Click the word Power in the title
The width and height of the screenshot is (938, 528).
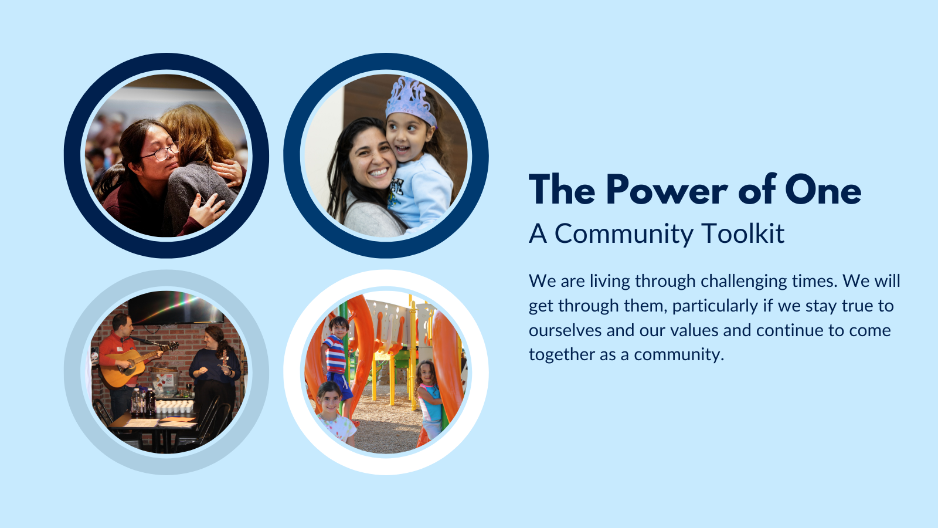[x=667, y=189]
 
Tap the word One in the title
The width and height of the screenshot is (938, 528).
[x=823, y=189]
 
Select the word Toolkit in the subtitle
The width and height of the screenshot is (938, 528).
[x=742, y=233]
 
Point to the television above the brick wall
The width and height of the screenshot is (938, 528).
[x=175, y=307]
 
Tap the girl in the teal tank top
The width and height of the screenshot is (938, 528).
[x=429, y=398]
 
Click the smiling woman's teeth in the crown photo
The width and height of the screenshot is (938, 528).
[x=379, y=172]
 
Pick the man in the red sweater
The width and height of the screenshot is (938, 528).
[x=121, y=364]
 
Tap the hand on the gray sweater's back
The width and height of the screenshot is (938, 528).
[x=208, y=209]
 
